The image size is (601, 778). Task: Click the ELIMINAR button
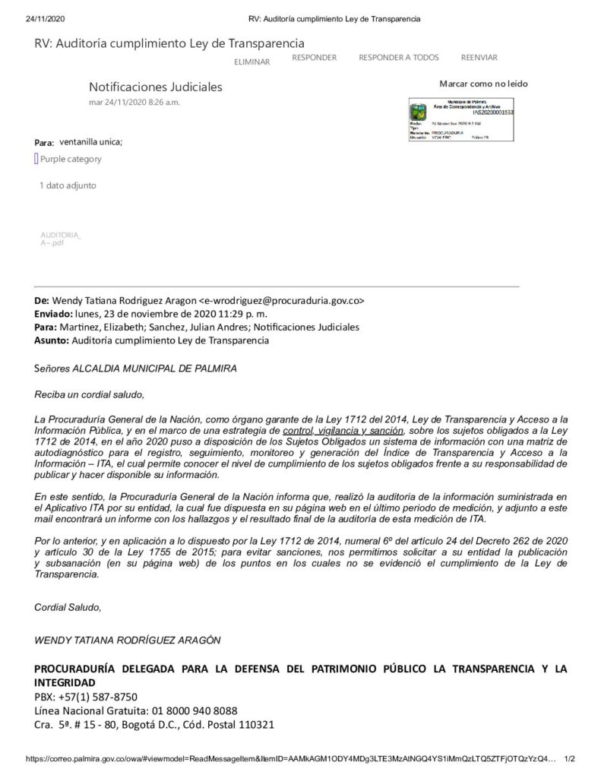pos(251,62)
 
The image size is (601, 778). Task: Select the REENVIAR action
pos(479,58)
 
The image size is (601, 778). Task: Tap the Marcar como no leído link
pos(483,84)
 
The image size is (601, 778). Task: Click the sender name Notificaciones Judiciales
pos(156,87)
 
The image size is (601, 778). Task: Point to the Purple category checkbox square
pos(36,159)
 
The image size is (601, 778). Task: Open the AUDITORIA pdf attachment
pos(60,239)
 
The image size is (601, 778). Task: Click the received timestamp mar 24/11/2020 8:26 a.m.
pos(134,102)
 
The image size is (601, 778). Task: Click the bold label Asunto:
pos(51,340)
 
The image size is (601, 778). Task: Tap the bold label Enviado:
pos(52,314)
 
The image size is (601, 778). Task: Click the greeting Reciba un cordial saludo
pos(89,394)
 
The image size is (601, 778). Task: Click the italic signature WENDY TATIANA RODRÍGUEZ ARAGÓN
pos(128,640)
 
